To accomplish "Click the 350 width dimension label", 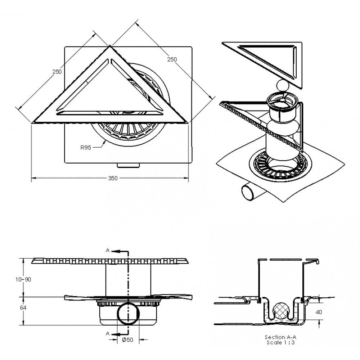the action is click(113, 178).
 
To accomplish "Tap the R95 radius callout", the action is click(86, 148).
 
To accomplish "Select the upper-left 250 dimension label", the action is click(57, 72).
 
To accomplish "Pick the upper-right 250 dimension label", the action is click(172, 59).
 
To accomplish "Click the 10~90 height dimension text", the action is click(23, 279).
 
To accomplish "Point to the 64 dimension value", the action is click(23, 308).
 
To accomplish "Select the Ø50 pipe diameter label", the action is click(127, 339).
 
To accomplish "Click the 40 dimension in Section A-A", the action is click(319, 312).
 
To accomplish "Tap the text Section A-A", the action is click(280, 337).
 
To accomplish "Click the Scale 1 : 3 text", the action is click(280, 343).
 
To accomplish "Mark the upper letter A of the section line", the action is click(107, 250).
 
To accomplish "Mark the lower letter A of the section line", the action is click(107, 334).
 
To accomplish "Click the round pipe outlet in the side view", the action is click(129, 314).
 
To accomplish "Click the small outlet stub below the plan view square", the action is click(129, 165).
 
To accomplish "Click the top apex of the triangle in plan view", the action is click(110, 46).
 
